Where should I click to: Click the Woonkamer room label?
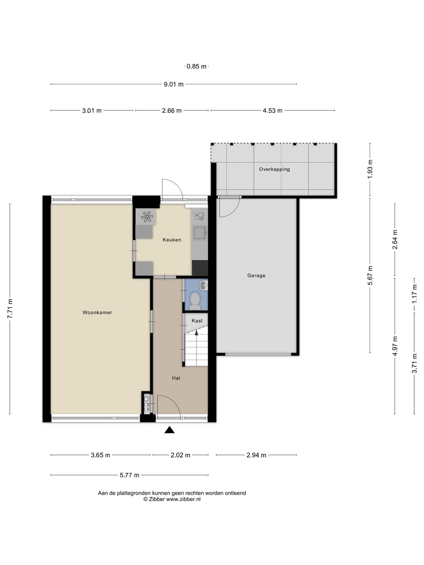coord(97,312)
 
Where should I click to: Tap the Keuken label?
coord(172,240)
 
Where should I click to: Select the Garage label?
coord(256,275)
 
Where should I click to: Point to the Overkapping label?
coord(274,169)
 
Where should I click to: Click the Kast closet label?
coord(197,321)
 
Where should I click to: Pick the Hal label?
coord(176,378)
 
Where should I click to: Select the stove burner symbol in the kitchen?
coord(147,217)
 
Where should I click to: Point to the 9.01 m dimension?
coord(174,84)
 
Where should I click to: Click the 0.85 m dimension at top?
coord(196,66)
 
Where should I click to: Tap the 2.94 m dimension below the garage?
coord(256,455)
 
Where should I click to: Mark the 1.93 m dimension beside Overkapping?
coord(370,169)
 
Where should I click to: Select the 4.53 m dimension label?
coord(272,110)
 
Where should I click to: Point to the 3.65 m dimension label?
coord(101,455)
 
